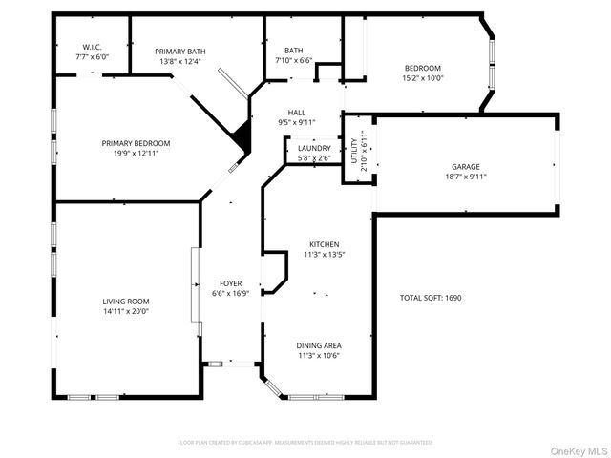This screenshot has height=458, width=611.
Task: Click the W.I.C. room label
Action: (x=92, y=47)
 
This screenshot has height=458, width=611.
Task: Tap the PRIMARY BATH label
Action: (x=181, y=52)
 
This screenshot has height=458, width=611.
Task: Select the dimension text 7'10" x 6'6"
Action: (x=294, y=61)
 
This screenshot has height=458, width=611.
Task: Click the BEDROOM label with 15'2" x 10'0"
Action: (x=422, y=68)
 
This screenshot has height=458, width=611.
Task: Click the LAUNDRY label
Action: (x=314, y=148)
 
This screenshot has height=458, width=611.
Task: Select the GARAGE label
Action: (x=466, y=167)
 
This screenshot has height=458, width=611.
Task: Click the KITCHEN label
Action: (x=323, y=244)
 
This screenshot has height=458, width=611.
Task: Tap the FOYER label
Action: (x=231, y=283)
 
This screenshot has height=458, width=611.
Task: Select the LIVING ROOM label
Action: (x=126, y=301)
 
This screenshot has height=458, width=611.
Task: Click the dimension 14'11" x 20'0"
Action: (x=126, y=311)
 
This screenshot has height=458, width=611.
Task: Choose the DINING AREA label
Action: (x=320, y=345)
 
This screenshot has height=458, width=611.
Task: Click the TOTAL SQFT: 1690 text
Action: (x=430, y=298)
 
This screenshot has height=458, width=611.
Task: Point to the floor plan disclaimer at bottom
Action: (x=305, y=442)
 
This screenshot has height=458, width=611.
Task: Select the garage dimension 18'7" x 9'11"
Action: (x=466, y=177)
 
